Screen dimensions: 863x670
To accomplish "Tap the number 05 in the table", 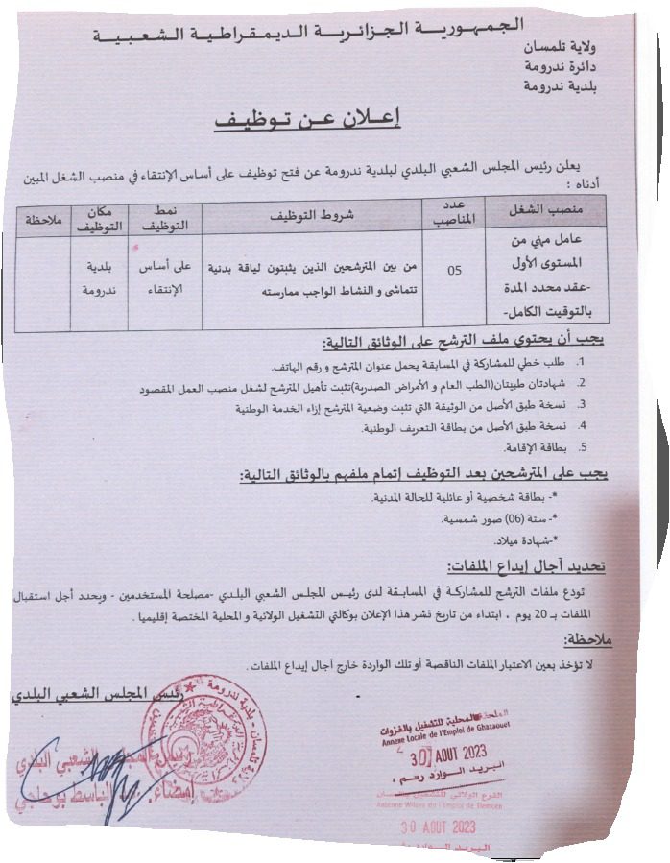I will coord(454,270).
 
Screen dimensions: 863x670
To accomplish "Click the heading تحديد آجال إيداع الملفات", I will coord(527,568).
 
